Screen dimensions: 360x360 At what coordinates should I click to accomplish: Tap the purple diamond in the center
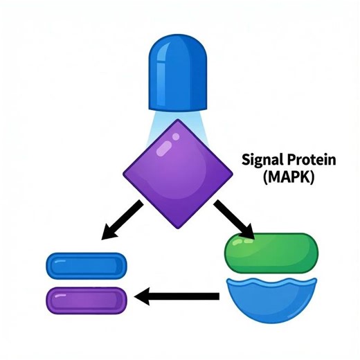click(x=179, y=173)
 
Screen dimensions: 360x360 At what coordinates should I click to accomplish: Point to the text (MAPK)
click(x=289, y=178)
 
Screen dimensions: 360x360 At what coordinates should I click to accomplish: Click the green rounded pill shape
click(x=271, y=251)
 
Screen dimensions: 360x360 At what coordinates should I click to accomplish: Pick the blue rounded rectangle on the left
click(x=86, y=265)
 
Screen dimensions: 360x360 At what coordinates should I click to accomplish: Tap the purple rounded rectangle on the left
click(x=86, y=300)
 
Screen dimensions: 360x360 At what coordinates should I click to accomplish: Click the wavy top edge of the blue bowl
click(x=271, y=283)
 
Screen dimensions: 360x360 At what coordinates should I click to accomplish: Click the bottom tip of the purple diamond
click(x=178, y=226)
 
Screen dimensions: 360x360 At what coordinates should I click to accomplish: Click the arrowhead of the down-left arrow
click(x=109, y=233)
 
